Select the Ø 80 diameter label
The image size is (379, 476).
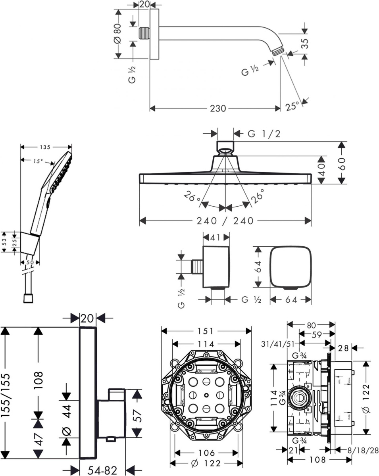(117, 34)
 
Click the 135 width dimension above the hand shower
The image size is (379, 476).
(45, 147)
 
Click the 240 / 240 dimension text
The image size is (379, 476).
(225, 221)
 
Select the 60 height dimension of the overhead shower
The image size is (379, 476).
(342, 163)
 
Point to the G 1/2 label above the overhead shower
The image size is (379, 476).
(264, 134)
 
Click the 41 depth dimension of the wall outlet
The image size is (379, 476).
(216, 238)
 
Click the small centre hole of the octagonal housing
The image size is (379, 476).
(206, 395)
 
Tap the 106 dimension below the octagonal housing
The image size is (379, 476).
(206, 453)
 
